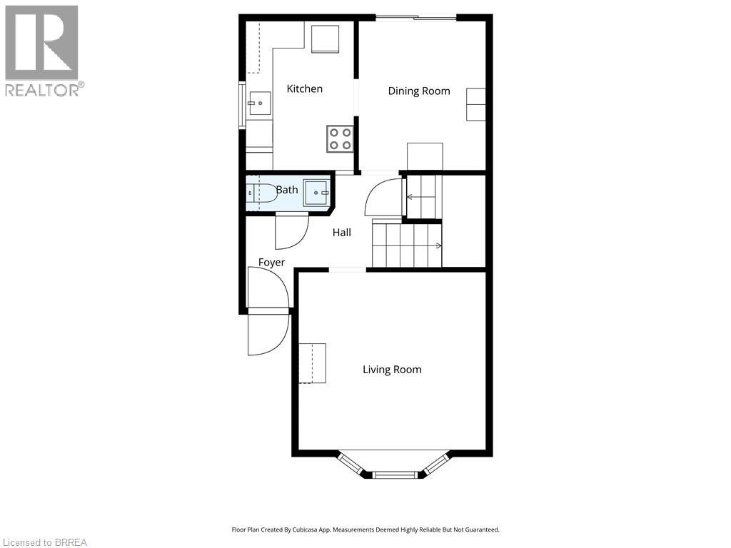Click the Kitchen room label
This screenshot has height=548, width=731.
tap(304, 88)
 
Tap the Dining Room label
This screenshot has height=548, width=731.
tap(419, 91)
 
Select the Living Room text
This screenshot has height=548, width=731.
tap(392, 370)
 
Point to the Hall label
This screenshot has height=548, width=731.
tap(342, 233)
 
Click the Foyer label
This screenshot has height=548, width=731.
tap(271, 263)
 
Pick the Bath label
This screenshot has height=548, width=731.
tap(287, 190)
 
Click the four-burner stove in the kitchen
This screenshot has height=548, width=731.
tap(340, 139)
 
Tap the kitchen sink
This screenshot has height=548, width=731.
tap(259, 103)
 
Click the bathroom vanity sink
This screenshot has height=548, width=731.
tap(317, 193)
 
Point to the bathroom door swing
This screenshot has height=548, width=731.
tap(292, 230)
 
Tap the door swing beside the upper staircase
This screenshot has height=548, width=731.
tap(383, 197)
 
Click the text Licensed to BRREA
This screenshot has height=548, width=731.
tap(44, 542)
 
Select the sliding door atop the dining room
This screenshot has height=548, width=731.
tap(416, 18)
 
